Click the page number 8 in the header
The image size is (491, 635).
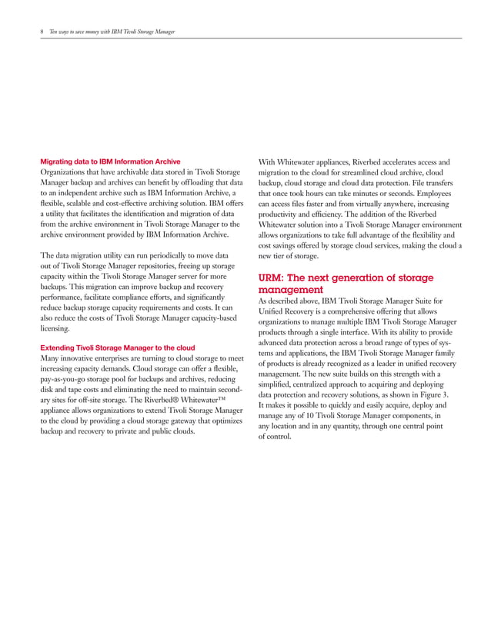coord(41,32)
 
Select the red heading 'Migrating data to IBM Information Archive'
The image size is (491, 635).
coord(110,162)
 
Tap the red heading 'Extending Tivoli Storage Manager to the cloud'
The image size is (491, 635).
coord(116,347)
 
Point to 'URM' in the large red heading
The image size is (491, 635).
coord(270,278)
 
